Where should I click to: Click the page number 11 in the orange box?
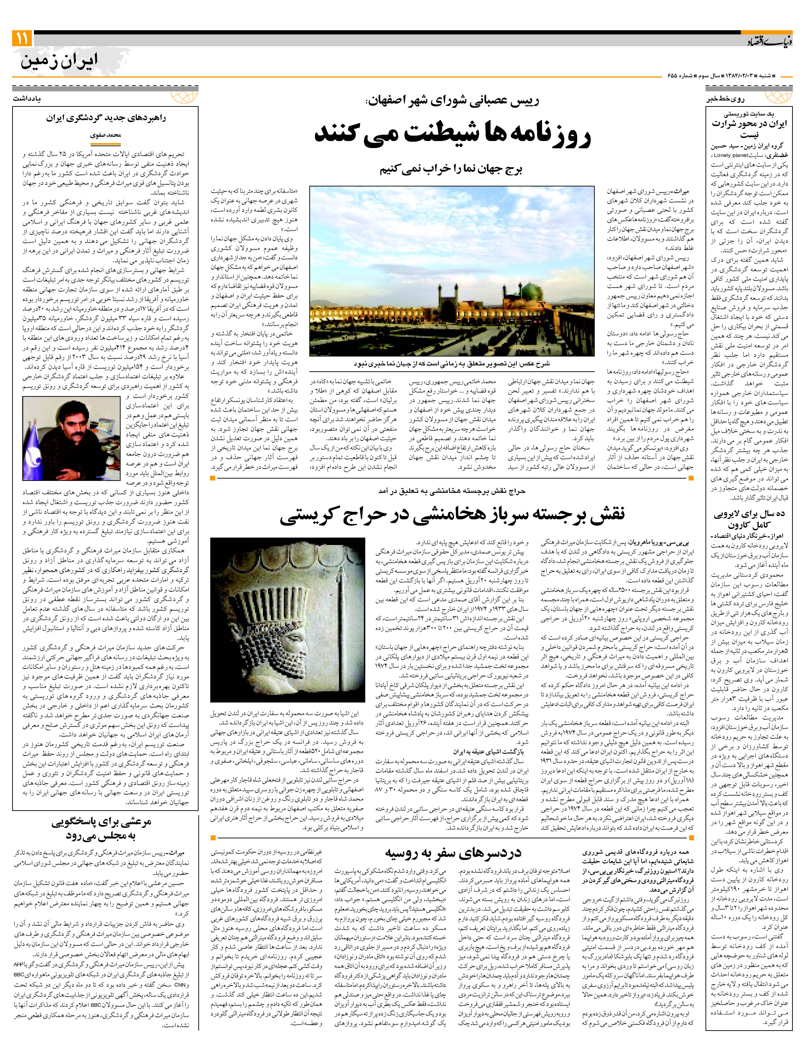point(22,38)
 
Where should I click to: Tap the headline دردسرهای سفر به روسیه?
point(452,853)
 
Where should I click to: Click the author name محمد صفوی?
point(106,135)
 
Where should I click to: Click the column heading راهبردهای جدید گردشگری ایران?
point(106,118)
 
